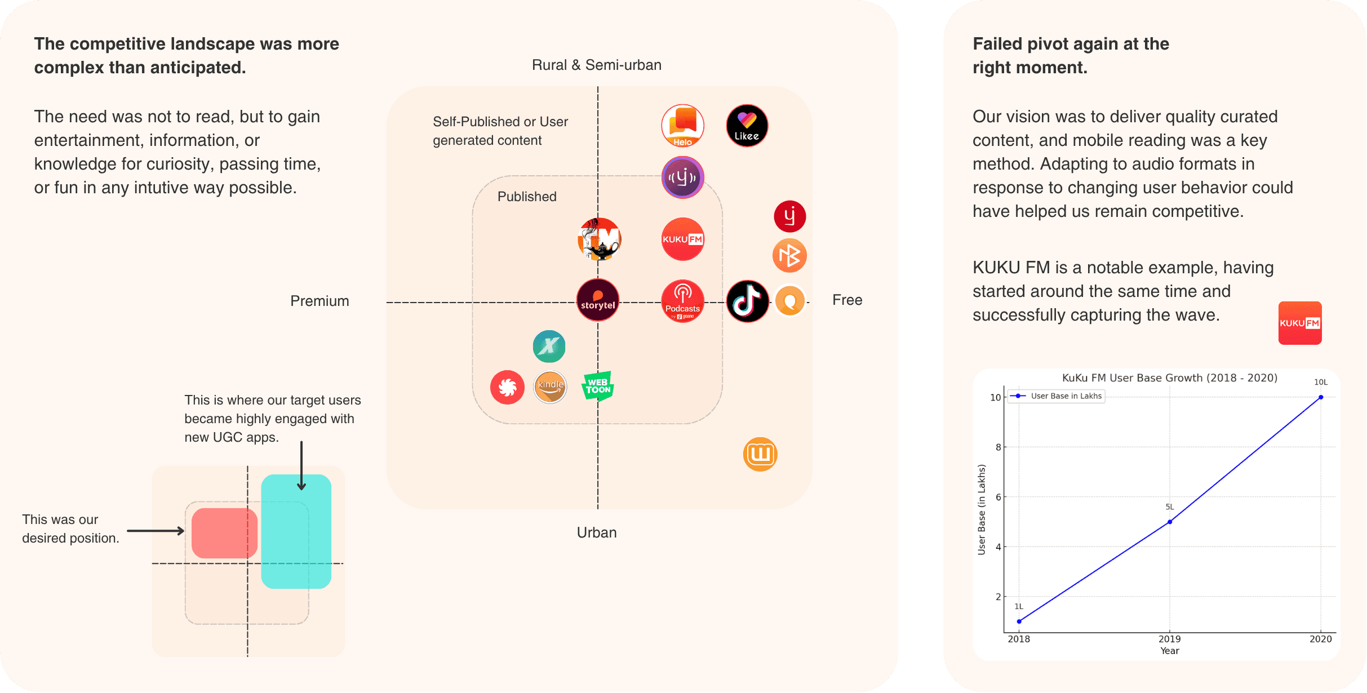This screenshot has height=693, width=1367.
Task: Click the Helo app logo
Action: coord(682,126)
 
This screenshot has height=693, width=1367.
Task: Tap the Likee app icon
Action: coord(747,126)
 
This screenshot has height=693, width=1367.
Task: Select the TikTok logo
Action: coord(747,301)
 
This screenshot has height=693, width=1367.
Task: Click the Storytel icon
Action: coord(598,300)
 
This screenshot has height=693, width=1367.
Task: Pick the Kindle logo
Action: coord(550,387)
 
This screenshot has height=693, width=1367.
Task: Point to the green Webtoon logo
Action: coord(598,386)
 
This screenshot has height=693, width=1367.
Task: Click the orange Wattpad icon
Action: coord(760,454)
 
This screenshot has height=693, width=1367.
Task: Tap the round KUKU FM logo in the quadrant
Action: coord(682,239)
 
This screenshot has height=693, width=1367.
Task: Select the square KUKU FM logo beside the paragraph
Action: coord(1299,323)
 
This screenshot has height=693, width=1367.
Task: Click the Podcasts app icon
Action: coord(682,301)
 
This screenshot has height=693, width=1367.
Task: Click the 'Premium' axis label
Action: coord(319,301)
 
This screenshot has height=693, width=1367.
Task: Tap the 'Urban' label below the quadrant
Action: coord(597,532)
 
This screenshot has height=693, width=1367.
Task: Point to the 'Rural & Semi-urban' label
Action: coord(596,65)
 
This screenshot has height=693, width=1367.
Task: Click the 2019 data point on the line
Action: coord(1170,522)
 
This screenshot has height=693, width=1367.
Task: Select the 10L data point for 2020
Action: coord(1321,397)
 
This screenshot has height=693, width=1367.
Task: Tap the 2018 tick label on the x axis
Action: coord(1019,639)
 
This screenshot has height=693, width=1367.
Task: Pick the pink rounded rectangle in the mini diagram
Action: coord(224,533)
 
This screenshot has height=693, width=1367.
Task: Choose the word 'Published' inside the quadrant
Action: coord(527,197)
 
